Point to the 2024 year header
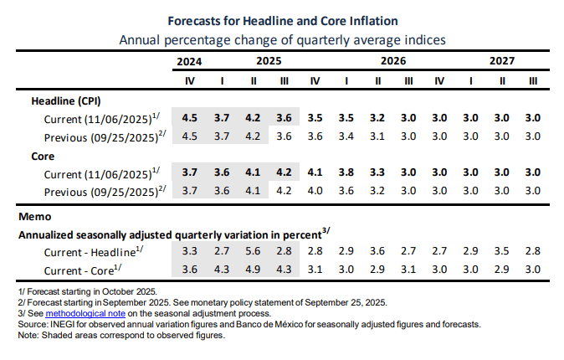[190, 61]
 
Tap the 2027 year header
[502, 61]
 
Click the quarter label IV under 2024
[190, 81]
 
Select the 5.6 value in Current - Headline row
[253, 251]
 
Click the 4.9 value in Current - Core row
[253, 269]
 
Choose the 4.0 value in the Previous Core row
[315, 190]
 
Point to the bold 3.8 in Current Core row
[346, 172]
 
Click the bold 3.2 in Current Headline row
[377, 118]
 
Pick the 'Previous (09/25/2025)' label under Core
[101, 190]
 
